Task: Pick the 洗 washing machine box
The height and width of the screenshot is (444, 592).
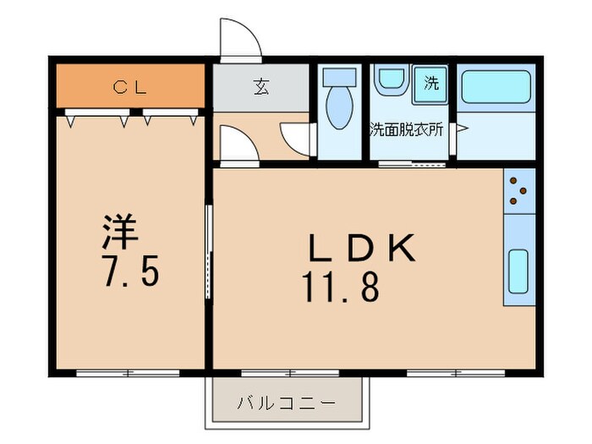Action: (431, 85)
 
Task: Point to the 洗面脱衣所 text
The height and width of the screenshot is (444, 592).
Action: (406, 130)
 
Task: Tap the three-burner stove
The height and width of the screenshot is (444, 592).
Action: (519, 192)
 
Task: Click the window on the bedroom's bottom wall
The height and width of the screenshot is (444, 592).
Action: (128, 371)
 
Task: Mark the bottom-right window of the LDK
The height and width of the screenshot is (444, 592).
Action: (456, 371)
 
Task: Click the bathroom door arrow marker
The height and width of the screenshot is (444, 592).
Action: (462, 129)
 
